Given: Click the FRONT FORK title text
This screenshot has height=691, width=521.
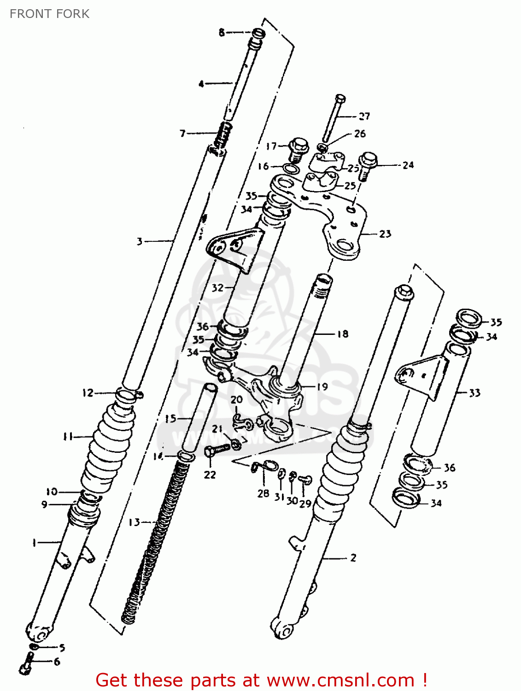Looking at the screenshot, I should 49,14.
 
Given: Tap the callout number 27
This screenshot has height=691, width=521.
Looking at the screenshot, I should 364,116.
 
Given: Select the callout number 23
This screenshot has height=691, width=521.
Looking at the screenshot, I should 385,234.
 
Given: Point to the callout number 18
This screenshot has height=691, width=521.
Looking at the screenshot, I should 342,334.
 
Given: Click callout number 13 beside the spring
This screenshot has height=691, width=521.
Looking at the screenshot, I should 134,522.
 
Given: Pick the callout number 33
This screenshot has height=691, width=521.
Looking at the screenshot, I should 474,393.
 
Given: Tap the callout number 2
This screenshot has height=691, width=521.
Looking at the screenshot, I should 353,558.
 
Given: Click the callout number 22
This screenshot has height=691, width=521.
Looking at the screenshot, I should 210,474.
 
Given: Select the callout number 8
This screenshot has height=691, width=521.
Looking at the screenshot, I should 222,32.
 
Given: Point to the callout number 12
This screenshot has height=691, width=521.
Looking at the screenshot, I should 88,393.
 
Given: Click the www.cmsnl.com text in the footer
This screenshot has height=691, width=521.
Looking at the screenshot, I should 340,680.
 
